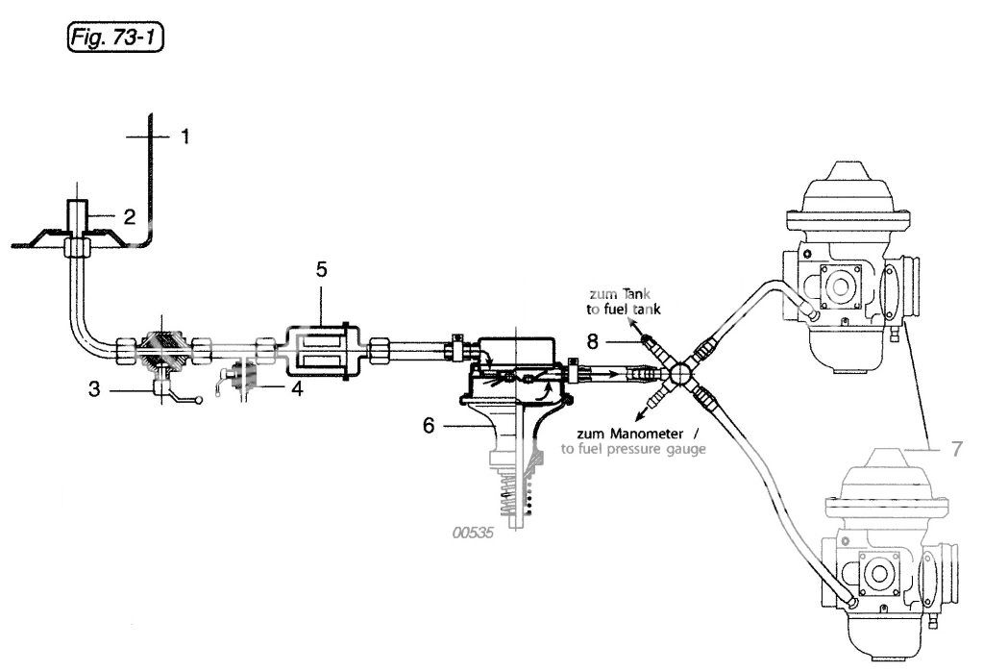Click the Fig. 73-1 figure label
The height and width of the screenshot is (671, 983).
click(114, 37)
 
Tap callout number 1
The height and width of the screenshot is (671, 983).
click(184, 137)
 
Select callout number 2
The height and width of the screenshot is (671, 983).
click(129, 217)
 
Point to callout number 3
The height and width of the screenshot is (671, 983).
click(94, 389)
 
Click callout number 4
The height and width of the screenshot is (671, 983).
click(297, 388)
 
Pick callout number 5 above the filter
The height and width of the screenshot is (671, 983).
click(321, 270)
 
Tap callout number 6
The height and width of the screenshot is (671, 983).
click(429, 426)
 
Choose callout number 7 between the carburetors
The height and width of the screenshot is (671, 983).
click(956, 449)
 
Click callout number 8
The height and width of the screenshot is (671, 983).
click(593, 342)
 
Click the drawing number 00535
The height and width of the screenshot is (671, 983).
click(474, 533)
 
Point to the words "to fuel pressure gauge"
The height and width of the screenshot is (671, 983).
click(633, 449)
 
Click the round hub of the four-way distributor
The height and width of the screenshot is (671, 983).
click(679, 374)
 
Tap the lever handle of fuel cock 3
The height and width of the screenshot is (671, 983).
click(185, 398)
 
